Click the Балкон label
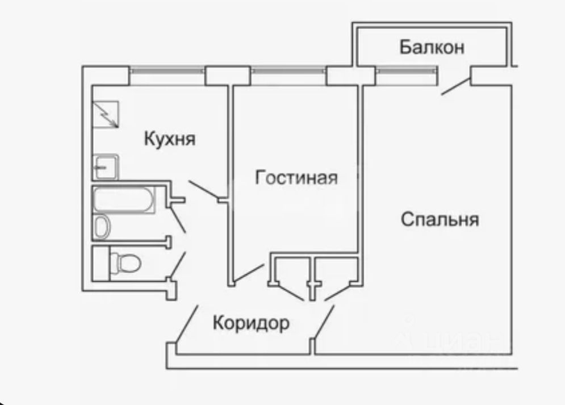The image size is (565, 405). point(432,47)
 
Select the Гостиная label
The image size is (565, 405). point(296,178)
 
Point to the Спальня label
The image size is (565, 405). point(440,219)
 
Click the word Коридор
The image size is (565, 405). point(251,323)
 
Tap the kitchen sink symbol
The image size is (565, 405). point(106,166)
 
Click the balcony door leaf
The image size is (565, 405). point(455,87)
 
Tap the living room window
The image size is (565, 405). point(288,71)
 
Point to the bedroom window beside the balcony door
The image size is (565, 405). point(406,71)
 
